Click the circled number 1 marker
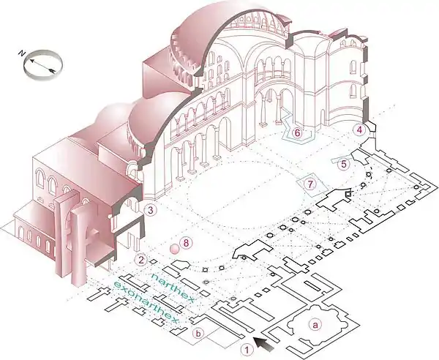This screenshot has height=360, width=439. coord(247,349)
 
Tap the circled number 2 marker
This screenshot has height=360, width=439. coord(141,260)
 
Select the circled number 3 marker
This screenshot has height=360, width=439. coord(151,210)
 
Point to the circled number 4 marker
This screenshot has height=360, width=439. coord(359,130)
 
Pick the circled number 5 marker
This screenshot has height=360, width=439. coord(344,164)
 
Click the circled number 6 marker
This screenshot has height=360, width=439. coord(297,132)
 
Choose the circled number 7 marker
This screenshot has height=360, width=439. coord(310,184)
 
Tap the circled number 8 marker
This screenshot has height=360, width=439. coord(186,243)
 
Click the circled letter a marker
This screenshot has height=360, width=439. coord(315,325)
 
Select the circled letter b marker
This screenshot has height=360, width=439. coord(198,334)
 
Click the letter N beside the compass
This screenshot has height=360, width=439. coord(20,53)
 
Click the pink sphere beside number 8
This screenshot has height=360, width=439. coord(175,249)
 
